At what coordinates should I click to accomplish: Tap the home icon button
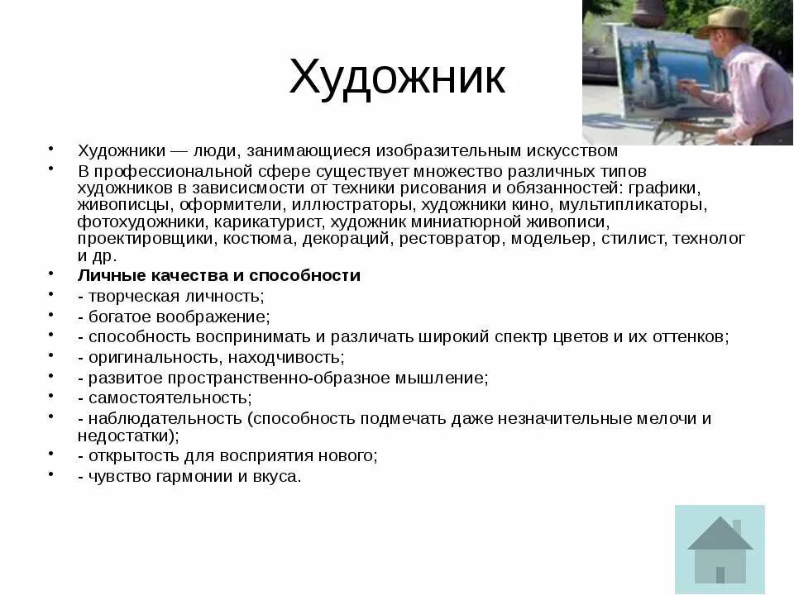(x=720, y=549)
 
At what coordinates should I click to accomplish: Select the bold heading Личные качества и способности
(x=219, y=275)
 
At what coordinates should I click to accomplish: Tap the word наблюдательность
(x=161, y=418)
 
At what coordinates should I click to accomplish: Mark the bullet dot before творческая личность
(x=51, y=293)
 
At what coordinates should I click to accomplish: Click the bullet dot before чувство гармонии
(x=51, y=474)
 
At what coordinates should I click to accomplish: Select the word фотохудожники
(x=141, y=221)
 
